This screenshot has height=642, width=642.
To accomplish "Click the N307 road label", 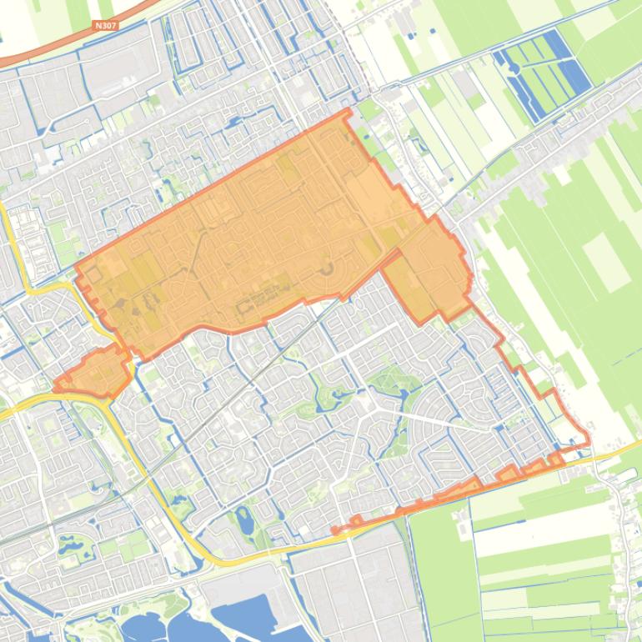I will click(x=106, y=26).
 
